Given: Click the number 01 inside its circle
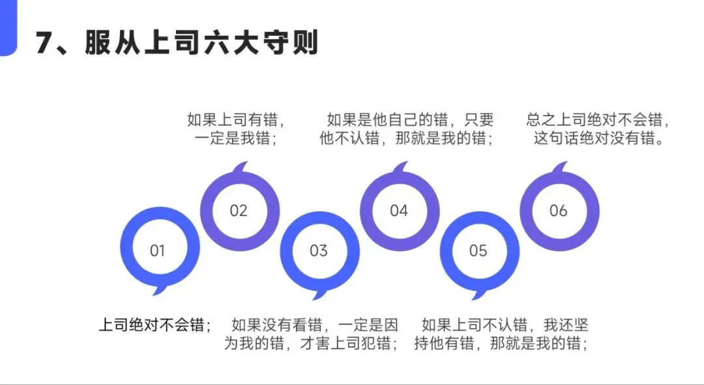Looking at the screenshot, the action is click(157, 251).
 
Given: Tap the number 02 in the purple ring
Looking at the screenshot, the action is click(239, 211).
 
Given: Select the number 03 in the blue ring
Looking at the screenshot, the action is click(319, 251).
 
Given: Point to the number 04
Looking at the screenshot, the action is click(399, 211).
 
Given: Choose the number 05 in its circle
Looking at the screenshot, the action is click(478, 251).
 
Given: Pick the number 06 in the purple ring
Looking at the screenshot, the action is click(559, 211).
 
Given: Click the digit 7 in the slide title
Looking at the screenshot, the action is click(44, 44).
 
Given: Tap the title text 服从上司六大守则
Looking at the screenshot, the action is click(201, 44).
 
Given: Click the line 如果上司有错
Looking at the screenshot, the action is click(236, 120).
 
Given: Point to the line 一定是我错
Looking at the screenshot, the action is click(236, 138).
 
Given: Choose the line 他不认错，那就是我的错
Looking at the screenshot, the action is click(405, 138).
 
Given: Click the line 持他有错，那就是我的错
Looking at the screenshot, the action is click(501, 343).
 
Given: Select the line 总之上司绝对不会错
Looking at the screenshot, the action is click(598, 120).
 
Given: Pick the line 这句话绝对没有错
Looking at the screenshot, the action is click(598, 138).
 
